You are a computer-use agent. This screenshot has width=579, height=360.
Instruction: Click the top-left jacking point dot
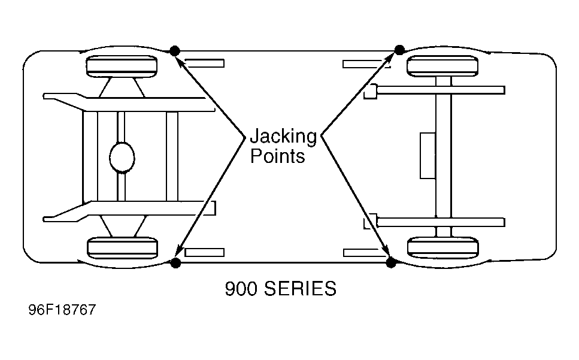click(175, 50)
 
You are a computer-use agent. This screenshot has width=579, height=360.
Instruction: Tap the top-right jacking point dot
click(399, 50)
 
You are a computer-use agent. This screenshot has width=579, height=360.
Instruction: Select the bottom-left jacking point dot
click(175, 263)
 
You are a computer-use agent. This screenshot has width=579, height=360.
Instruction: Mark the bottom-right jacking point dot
click(390, 262)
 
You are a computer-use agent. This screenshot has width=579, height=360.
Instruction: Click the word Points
click(278, 156)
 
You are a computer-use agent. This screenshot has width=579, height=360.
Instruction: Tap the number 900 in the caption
click(241, 288)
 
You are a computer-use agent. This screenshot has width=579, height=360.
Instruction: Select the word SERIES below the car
click(300, 288)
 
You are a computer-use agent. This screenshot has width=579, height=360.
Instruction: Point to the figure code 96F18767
click(62, 310)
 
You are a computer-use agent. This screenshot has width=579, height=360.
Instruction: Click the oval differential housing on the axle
click(122, 158)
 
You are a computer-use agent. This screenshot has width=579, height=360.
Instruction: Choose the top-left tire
click(122, 66)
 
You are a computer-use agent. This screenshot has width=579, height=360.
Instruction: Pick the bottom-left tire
click(122, 248)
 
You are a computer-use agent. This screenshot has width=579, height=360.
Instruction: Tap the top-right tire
click(442, 66)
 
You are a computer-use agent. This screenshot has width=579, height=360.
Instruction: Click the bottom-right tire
click(442, 248)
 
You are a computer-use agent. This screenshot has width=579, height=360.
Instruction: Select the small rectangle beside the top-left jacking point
click(204, 63)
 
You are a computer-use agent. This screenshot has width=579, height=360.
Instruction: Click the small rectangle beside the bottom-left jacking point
click(204, 253)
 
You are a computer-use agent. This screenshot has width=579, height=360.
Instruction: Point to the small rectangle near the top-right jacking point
click(366, 64)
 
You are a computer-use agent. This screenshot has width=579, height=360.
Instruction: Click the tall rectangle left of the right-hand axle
click(428, 156)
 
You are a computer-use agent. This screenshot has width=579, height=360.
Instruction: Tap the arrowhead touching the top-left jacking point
click(180, 59)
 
